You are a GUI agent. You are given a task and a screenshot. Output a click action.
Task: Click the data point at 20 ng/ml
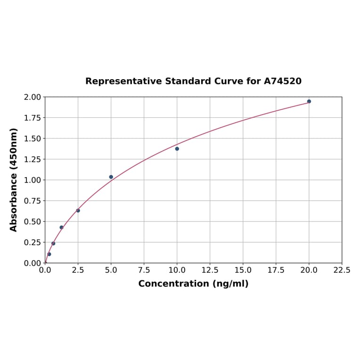click(309, 101)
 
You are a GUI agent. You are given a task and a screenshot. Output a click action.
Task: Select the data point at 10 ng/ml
click(177, 149)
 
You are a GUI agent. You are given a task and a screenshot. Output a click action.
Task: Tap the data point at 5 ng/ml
click(111, 177)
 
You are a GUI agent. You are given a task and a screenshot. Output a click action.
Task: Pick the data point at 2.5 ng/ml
click(78, 211)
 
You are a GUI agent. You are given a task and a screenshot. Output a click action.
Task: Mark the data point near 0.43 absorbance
click(61, 228)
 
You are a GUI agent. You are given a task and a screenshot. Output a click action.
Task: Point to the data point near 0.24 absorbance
click(53, 244)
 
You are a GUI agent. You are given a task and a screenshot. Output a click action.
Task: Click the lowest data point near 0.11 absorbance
click(49, 254)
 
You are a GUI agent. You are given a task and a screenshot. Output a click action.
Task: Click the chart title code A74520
click(282, 81)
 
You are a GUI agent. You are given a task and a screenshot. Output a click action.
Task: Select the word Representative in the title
click(123, 81)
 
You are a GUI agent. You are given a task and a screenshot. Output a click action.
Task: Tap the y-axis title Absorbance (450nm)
click(14, 180)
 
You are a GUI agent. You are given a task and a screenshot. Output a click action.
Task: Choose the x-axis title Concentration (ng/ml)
click(193, 284)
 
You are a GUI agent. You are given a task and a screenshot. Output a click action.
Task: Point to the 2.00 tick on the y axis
click(33, 97)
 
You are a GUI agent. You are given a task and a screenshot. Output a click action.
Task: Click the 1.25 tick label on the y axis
click(33, 159)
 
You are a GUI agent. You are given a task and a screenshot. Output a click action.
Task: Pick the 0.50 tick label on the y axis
click(33, 221)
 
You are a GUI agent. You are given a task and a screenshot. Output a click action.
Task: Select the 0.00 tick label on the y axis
click(33, 263)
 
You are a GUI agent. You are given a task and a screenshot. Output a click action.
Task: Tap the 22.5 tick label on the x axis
click(342, 270)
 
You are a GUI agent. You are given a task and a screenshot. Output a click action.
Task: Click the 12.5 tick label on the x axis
click(210, 270)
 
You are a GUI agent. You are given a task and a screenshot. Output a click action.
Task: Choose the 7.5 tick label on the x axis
click(144, 270)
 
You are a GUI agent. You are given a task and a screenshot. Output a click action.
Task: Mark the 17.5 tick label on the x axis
click(276, 270)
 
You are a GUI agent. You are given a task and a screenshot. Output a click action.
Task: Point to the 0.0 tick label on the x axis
click(45, 270)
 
